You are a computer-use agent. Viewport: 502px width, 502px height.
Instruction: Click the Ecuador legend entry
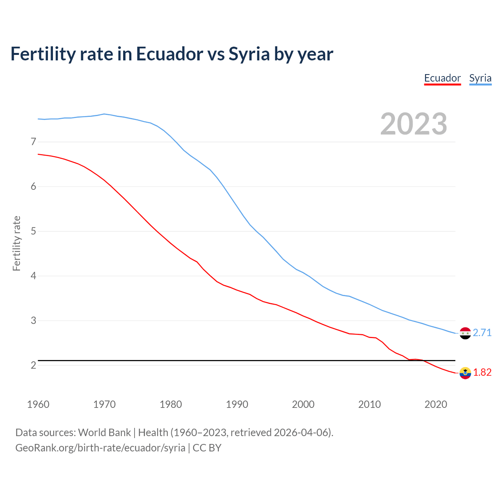[442, 78]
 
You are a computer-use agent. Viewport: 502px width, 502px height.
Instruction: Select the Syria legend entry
[480, 78]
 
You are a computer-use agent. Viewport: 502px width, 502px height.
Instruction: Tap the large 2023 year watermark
[413, 124]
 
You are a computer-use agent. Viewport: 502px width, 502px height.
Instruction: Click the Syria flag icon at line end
[465, 333]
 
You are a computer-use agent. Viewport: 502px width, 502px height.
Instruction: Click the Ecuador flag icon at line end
[465, 373]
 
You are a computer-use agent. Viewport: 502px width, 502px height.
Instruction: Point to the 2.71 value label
[482, 333]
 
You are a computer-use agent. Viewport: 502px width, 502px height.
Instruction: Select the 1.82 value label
[482, 372]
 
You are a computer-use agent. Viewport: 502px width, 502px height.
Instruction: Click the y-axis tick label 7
[33, 142]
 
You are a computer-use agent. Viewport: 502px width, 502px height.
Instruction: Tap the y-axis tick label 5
[33, 231]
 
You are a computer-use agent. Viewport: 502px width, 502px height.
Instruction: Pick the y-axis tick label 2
[33, 365]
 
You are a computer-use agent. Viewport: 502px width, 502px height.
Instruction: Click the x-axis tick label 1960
[38, 404]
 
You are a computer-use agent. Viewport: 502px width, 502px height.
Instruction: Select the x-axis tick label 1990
[237, 404]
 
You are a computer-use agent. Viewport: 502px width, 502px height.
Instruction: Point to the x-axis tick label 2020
[436, 404]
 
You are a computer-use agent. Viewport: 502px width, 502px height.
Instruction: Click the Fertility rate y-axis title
[16, 243]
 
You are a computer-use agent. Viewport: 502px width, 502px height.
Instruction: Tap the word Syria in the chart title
[249, 54]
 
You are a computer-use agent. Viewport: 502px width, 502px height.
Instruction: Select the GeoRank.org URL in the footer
[100, 447]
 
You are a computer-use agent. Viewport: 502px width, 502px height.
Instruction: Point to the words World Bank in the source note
[104, 432]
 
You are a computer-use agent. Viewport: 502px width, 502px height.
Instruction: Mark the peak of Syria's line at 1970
[104, 114]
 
